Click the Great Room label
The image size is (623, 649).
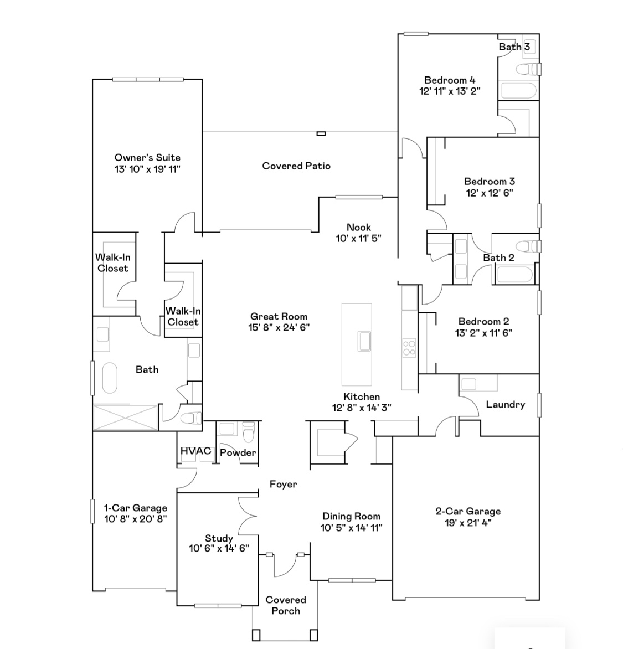(279, 317)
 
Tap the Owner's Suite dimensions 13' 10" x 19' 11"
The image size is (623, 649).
(147, 169)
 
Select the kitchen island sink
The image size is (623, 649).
(364, 341)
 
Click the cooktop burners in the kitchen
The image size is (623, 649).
(409, 348)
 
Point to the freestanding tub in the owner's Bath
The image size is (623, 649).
(110, 378)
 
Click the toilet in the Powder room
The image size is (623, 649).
(249, 432)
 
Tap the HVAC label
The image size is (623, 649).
(196, 451)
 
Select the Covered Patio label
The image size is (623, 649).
(296, 166)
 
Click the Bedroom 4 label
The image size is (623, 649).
(450, 80)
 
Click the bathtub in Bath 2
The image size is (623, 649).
(516, 275)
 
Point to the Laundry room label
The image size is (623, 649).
(506, 404)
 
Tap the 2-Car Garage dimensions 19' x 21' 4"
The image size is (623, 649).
(468, 523)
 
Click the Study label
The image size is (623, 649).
(219, 538)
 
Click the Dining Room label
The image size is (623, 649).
(352, 516)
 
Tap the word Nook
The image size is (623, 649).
(358, 227)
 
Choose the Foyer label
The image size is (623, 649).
(283, 485)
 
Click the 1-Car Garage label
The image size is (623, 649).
(135, 508)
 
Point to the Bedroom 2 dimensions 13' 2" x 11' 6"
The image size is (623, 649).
(483, 332)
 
